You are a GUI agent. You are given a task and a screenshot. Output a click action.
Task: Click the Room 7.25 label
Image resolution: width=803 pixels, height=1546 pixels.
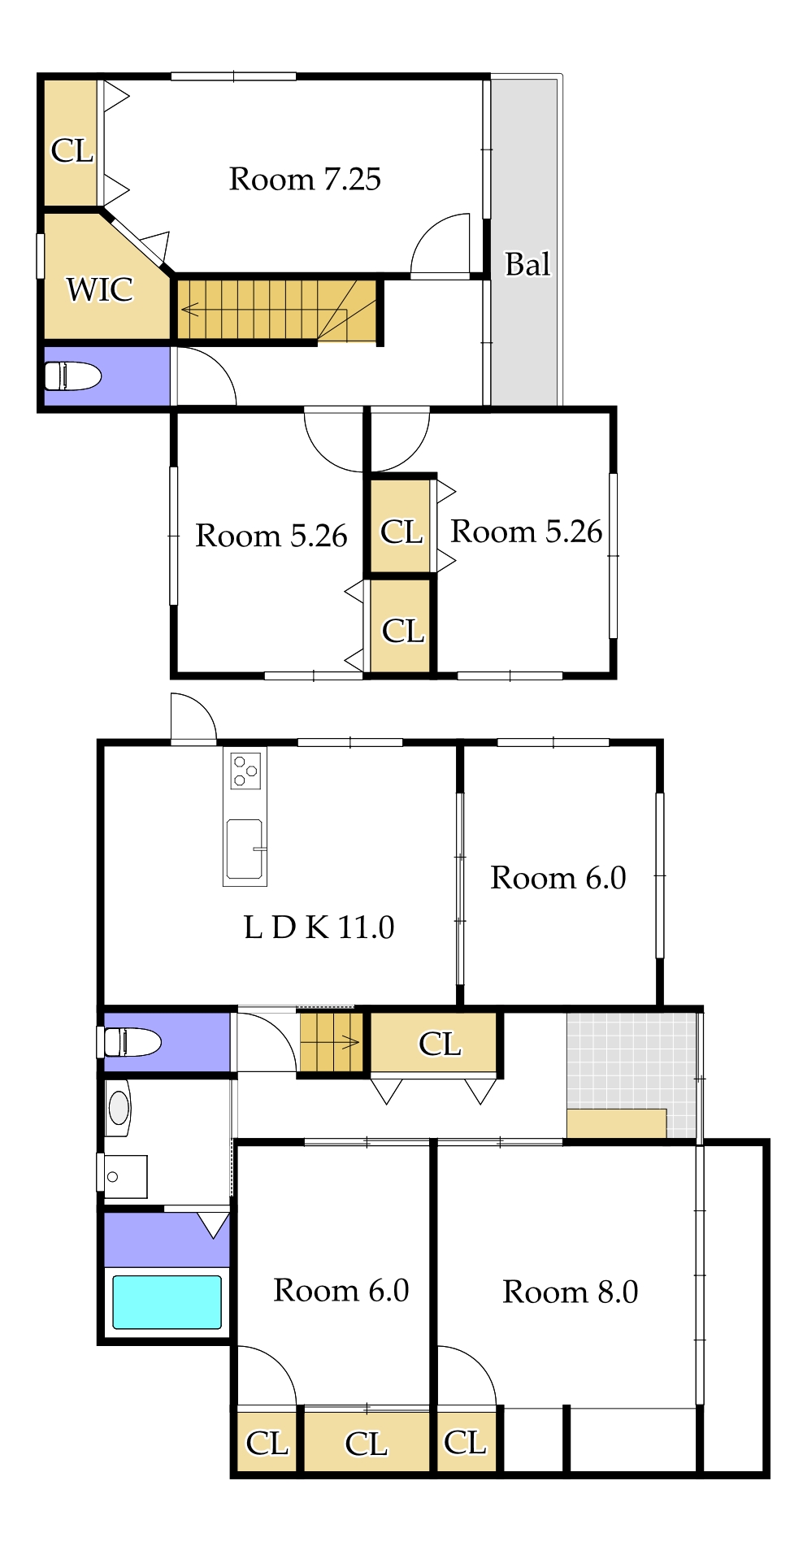pos(305,179)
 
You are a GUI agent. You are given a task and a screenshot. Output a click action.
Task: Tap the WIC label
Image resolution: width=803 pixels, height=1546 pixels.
pos(100,289)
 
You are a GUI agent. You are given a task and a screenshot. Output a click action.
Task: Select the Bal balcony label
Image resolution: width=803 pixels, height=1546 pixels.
pos(527,264)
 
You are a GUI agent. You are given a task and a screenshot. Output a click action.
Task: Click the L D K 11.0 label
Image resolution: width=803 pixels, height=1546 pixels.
pos(319,927)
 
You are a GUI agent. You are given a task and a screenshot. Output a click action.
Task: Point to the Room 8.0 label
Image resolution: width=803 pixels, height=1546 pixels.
pos(570,1292)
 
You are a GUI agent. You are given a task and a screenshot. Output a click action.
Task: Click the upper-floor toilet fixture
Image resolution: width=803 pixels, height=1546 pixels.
pos(72,376)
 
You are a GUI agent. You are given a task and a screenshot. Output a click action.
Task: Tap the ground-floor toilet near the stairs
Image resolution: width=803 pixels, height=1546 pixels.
pos(132,1041)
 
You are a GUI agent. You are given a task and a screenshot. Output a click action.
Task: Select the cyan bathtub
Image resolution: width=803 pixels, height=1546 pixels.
pos(167,1302)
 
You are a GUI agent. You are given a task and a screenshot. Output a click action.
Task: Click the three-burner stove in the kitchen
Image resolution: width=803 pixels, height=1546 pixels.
pos(245,771)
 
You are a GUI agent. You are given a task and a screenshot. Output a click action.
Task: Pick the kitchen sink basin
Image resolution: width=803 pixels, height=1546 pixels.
pos(245,849)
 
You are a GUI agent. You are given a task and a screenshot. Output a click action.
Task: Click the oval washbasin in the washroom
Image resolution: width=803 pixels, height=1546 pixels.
pos(119,1107)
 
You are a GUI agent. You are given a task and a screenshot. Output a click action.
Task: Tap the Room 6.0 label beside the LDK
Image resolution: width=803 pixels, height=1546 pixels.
pos(558,878)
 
